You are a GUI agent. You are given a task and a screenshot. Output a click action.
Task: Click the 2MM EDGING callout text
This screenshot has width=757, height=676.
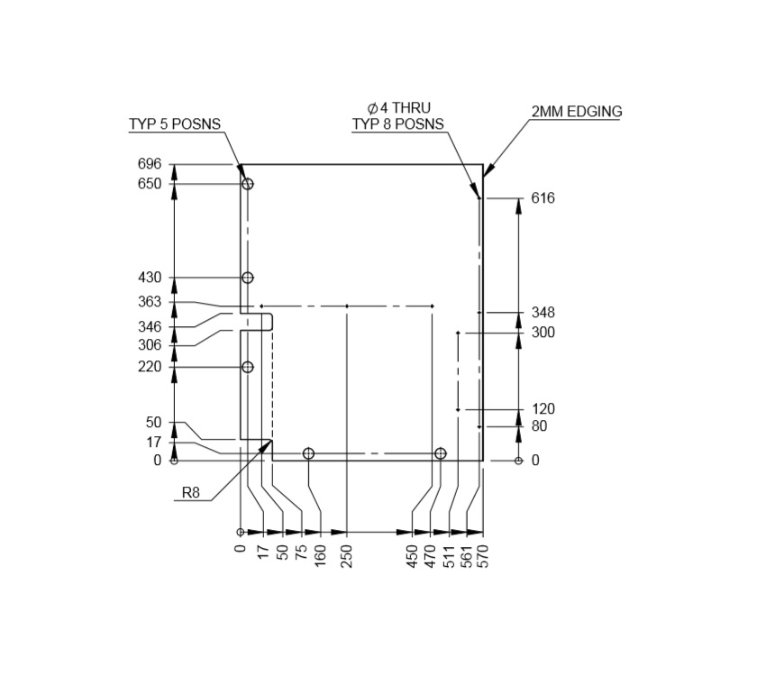(576, 112)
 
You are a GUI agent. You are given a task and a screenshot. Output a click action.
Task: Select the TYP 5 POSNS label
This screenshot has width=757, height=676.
(174, 124)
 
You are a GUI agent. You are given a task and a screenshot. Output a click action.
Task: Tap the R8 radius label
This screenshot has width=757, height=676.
(191, 492)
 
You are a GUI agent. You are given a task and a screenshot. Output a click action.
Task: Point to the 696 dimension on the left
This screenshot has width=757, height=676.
(150, 164)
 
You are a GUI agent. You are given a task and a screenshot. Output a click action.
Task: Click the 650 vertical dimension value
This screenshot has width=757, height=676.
(150, 184)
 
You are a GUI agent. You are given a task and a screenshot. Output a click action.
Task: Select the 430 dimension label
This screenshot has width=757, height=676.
(150, 278)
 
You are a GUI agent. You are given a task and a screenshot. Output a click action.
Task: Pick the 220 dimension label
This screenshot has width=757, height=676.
(150, 367)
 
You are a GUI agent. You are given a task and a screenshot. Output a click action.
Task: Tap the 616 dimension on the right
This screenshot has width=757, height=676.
(543, 198)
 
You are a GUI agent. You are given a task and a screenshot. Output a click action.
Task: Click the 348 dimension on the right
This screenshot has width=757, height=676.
(543, 313)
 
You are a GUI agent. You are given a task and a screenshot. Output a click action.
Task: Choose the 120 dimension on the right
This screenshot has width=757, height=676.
(543, 409)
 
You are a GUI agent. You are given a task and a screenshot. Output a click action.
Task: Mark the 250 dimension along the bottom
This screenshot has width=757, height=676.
(347, 555)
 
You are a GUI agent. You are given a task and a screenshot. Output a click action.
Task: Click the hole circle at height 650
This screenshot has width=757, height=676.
(248, 184)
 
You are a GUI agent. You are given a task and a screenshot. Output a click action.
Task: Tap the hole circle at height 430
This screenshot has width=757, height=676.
(248, 278)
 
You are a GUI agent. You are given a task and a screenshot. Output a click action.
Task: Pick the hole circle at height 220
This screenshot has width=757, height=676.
(248, 367)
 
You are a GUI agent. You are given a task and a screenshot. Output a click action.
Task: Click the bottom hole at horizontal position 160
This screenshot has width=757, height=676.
(308, 453)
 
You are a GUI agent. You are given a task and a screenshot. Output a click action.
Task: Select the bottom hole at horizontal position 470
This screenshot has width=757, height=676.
(440, 453)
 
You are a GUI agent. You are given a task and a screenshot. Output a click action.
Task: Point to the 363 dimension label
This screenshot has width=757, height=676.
(150, 302)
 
